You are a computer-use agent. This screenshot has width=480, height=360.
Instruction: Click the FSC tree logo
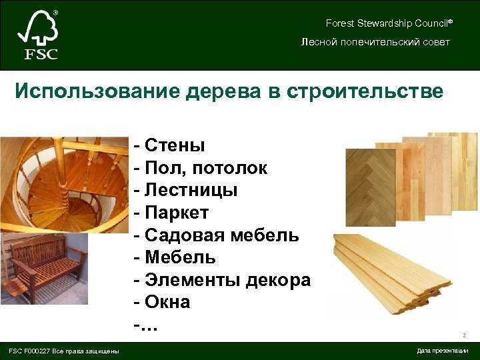[37, 35]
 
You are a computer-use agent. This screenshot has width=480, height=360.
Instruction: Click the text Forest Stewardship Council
[389, 23]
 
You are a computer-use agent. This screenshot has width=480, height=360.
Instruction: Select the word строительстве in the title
[365, 91]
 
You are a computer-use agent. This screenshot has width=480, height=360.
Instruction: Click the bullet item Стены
[169, 145]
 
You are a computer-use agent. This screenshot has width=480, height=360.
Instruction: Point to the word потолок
[229, 168]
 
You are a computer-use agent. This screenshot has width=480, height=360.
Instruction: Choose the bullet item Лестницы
[185, 190]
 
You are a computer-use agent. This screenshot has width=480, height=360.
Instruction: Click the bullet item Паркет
[171, 213]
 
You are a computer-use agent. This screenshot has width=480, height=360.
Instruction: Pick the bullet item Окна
[162, 302]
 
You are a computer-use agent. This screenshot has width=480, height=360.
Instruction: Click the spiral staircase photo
[64, 185]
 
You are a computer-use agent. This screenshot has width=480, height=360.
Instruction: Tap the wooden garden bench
[44, 269]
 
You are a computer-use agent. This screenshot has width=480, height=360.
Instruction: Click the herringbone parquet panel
[371, 187]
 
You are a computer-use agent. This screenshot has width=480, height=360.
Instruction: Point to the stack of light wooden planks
[392, 274]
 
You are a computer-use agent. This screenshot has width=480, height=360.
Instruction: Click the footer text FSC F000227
[29, 351]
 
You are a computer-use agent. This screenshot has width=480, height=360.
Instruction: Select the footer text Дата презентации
[443, 351]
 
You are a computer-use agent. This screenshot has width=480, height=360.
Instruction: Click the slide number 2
[465, 335]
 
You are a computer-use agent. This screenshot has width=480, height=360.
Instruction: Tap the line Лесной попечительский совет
[375, 42]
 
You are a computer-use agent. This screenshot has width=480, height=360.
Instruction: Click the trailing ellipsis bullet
[146, 327]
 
